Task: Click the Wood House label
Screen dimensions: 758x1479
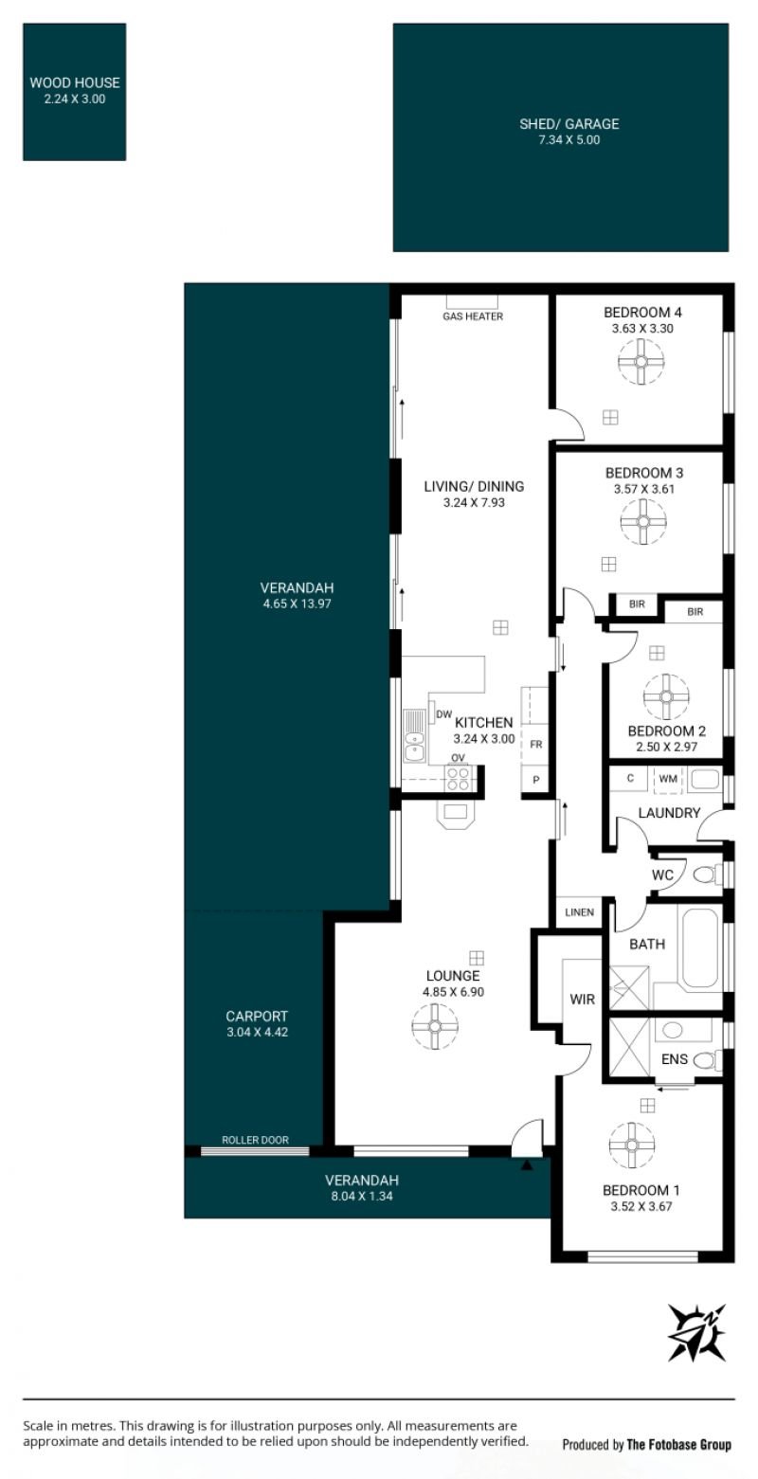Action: [75, 82]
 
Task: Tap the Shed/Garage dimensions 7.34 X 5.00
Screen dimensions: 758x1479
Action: [569, 140]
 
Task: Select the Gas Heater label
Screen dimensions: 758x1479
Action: [473, 316]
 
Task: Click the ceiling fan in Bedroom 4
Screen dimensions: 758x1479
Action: [641, 361]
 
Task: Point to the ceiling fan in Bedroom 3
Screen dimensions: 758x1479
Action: [643, 522]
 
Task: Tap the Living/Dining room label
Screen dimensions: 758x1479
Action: [474, 487]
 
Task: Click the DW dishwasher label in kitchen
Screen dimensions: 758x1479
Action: [443, 714]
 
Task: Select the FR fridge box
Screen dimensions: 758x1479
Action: [535, 744]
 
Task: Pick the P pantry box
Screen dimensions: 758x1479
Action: [535, 780]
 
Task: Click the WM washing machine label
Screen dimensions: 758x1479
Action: [668, 779]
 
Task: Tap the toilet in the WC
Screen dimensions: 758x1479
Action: [708, 875]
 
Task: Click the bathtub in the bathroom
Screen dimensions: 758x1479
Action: [699, 948]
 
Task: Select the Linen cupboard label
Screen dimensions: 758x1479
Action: [580, 912]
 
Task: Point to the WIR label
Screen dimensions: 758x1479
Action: [583, 1000]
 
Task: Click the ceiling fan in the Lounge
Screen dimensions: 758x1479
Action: [435, 1025]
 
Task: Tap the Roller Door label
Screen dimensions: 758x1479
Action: [256, 1140]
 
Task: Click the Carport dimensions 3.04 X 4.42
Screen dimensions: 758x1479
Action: [258, 1032]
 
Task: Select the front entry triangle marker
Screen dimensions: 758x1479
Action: [527, 1166]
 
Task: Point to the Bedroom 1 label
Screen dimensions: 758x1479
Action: [641, 1190]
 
